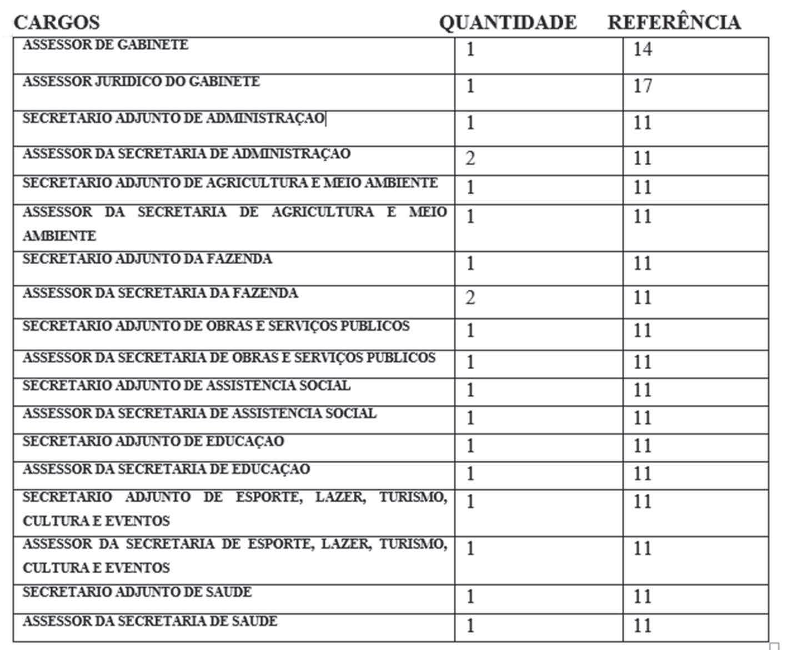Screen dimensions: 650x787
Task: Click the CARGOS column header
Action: click(57, 23)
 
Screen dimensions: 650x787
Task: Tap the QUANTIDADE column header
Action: click(508, 23)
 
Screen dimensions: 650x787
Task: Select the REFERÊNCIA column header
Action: click(674, 23)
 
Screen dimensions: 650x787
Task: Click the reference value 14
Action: click(642, 49)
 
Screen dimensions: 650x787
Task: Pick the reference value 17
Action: click(642, 86)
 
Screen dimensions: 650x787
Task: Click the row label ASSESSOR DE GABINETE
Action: click(106, 45)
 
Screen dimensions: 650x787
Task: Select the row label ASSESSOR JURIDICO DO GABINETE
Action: click(141, 82)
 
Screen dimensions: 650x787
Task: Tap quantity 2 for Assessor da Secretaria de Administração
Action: click(470, 158)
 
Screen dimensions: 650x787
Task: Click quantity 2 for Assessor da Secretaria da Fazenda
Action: click(470, 298)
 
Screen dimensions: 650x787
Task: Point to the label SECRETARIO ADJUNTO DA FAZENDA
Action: click(147, 259)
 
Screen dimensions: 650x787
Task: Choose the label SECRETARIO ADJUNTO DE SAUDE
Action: click(137, 592)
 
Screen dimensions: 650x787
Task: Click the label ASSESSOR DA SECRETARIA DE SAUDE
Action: click(150, 621)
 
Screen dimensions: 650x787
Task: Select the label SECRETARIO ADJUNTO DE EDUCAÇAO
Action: click(153, 441)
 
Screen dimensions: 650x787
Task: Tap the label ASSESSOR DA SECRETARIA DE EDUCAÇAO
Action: click(166, 469)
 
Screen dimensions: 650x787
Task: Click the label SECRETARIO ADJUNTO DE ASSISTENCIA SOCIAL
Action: click(187, 385)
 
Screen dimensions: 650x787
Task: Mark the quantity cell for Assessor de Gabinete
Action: click(470, 49)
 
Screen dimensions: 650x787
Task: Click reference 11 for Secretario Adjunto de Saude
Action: click(642, 597)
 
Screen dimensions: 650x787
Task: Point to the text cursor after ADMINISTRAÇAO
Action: click(326, 119)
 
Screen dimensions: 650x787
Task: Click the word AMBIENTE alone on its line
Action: click(59, 236)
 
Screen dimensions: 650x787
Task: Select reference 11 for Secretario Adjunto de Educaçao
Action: click(642, 446)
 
